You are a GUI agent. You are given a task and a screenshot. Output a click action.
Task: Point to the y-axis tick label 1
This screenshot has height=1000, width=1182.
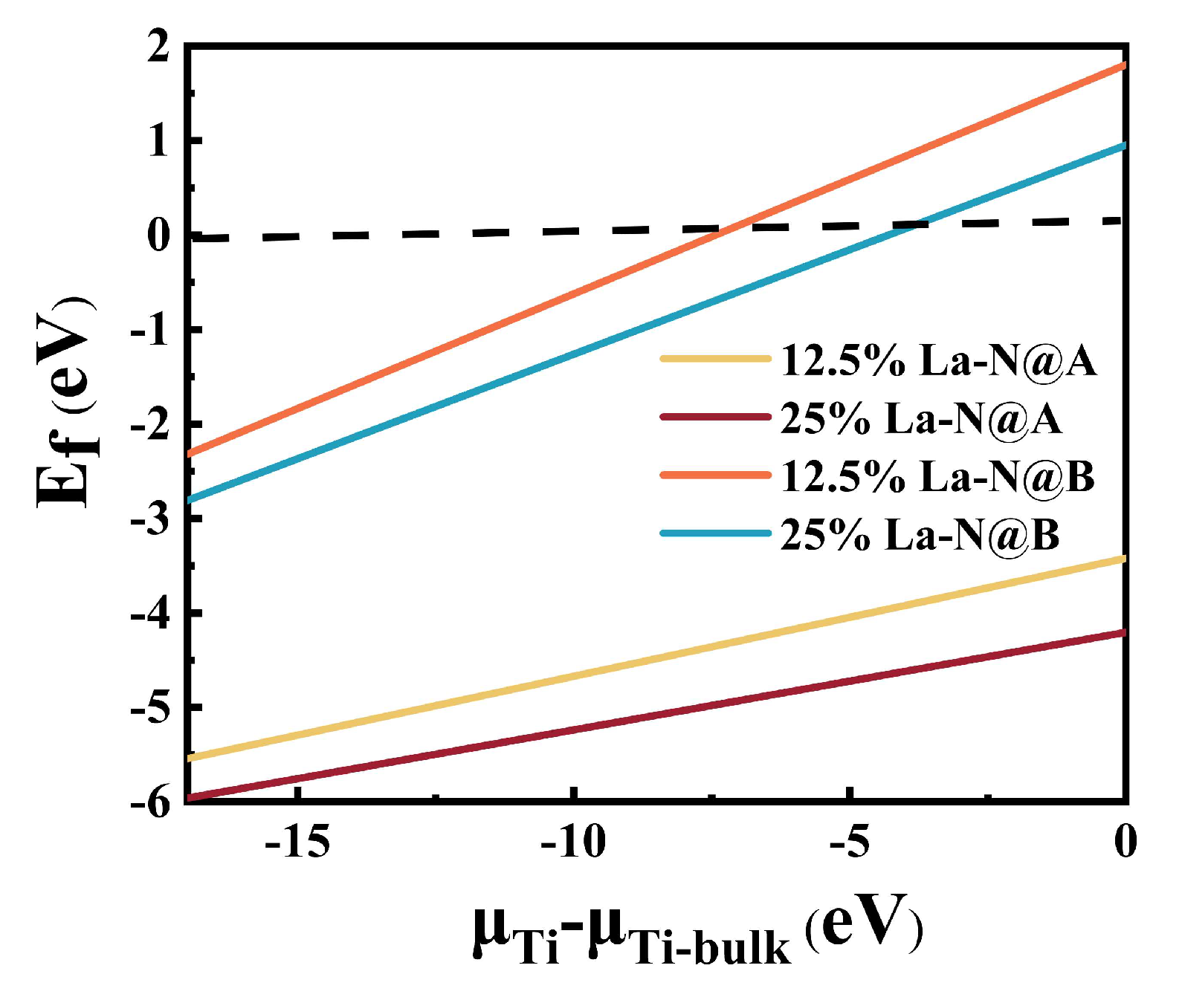coord(158,141)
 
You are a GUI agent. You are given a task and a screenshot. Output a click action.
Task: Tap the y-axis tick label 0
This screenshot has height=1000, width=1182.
coord(158,236)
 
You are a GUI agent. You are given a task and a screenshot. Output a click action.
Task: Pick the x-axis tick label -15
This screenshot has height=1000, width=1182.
coord(297,842)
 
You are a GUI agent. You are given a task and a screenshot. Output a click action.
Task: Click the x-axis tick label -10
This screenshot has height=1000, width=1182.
coord(572,842)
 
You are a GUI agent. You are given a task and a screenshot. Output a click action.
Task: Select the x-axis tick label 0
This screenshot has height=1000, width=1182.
coord(1126,842)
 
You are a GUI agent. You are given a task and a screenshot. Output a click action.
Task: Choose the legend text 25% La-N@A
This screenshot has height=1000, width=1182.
coord(920,418)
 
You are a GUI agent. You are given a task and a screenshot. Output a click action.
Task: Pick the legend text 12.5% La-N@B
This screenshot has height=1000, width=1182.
coord(937,476)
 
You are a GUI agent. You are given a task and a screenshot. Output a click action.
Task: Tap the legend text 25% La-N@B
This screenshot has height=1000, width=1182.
coord(920,534)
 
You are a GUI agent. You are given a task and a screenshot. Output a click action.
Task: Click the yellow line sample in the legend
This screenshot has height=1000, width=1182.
coord(715,359)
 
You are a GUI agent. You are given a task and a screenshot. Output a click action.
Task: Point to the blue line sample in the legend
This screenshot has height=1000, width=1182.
coord(715,533)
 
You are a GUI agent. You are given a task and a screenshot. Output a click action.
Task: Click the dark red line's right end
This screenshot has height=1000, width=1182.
coord(1124,633)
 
